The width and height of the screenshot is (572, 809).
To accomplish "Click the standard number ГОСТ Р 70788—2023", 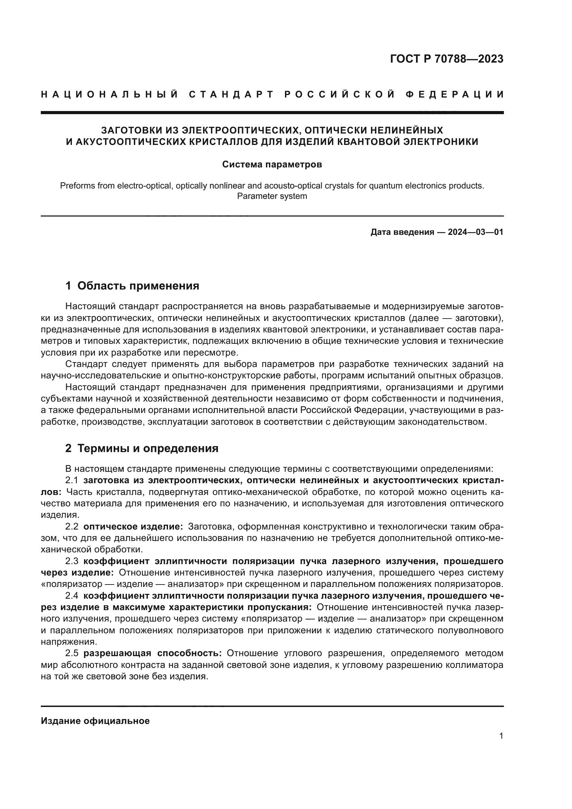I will pyautogui.click(x=446, y=59).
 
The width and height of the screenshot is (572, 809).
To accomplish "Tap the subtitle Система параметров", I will pyautogui.click(x=272, y=165).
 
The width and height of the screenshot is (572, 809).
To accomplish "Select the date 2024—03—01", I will pyautogui.click(x=476, y=232).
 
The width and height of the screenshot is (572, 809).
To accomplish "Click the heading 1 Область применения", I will pyautogui.click(x=132, y=286).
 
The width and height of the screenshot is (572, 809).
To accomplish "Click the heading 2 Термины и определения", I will pyautogui.click(x=142, y=449).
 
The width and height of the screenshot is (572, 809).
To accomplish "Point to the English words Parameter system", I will pyautogui.click(x=272, y=196).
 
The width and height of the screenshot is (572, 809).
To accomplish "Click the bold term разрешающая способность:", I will pyautogui.click(x=153, y=653).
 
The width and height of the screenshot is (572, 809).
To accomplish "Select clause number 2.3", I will pyautogui.click(x=72, y=561).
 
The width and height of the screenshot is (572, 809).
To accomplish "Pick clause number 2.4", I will pyautogui.click(x=72, y=596).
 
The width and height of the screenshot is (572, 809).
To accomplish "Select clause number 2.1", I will pyautogui.click(x=72, y=481).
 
